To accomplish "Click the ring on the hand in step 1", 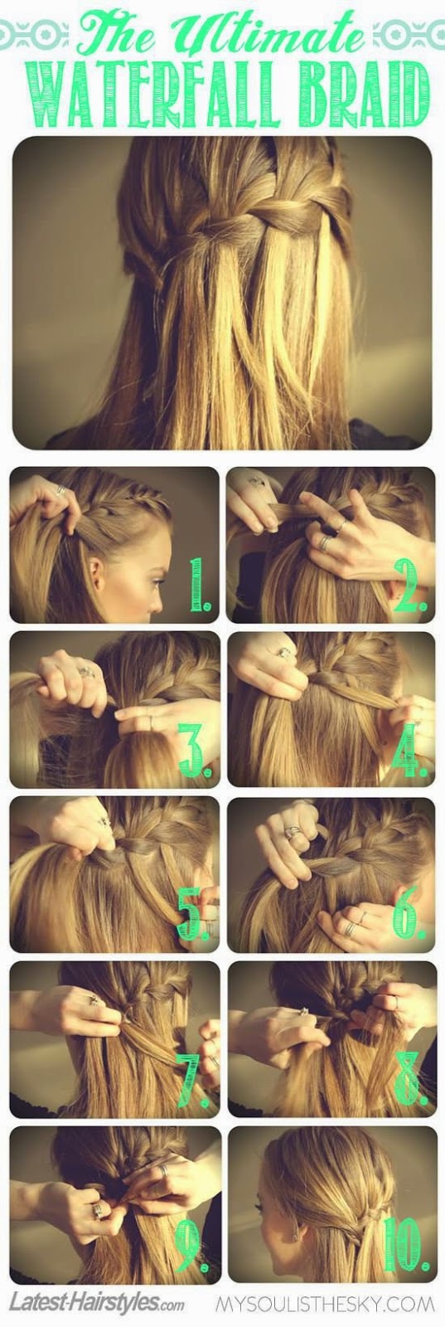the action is click(61, 490).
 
